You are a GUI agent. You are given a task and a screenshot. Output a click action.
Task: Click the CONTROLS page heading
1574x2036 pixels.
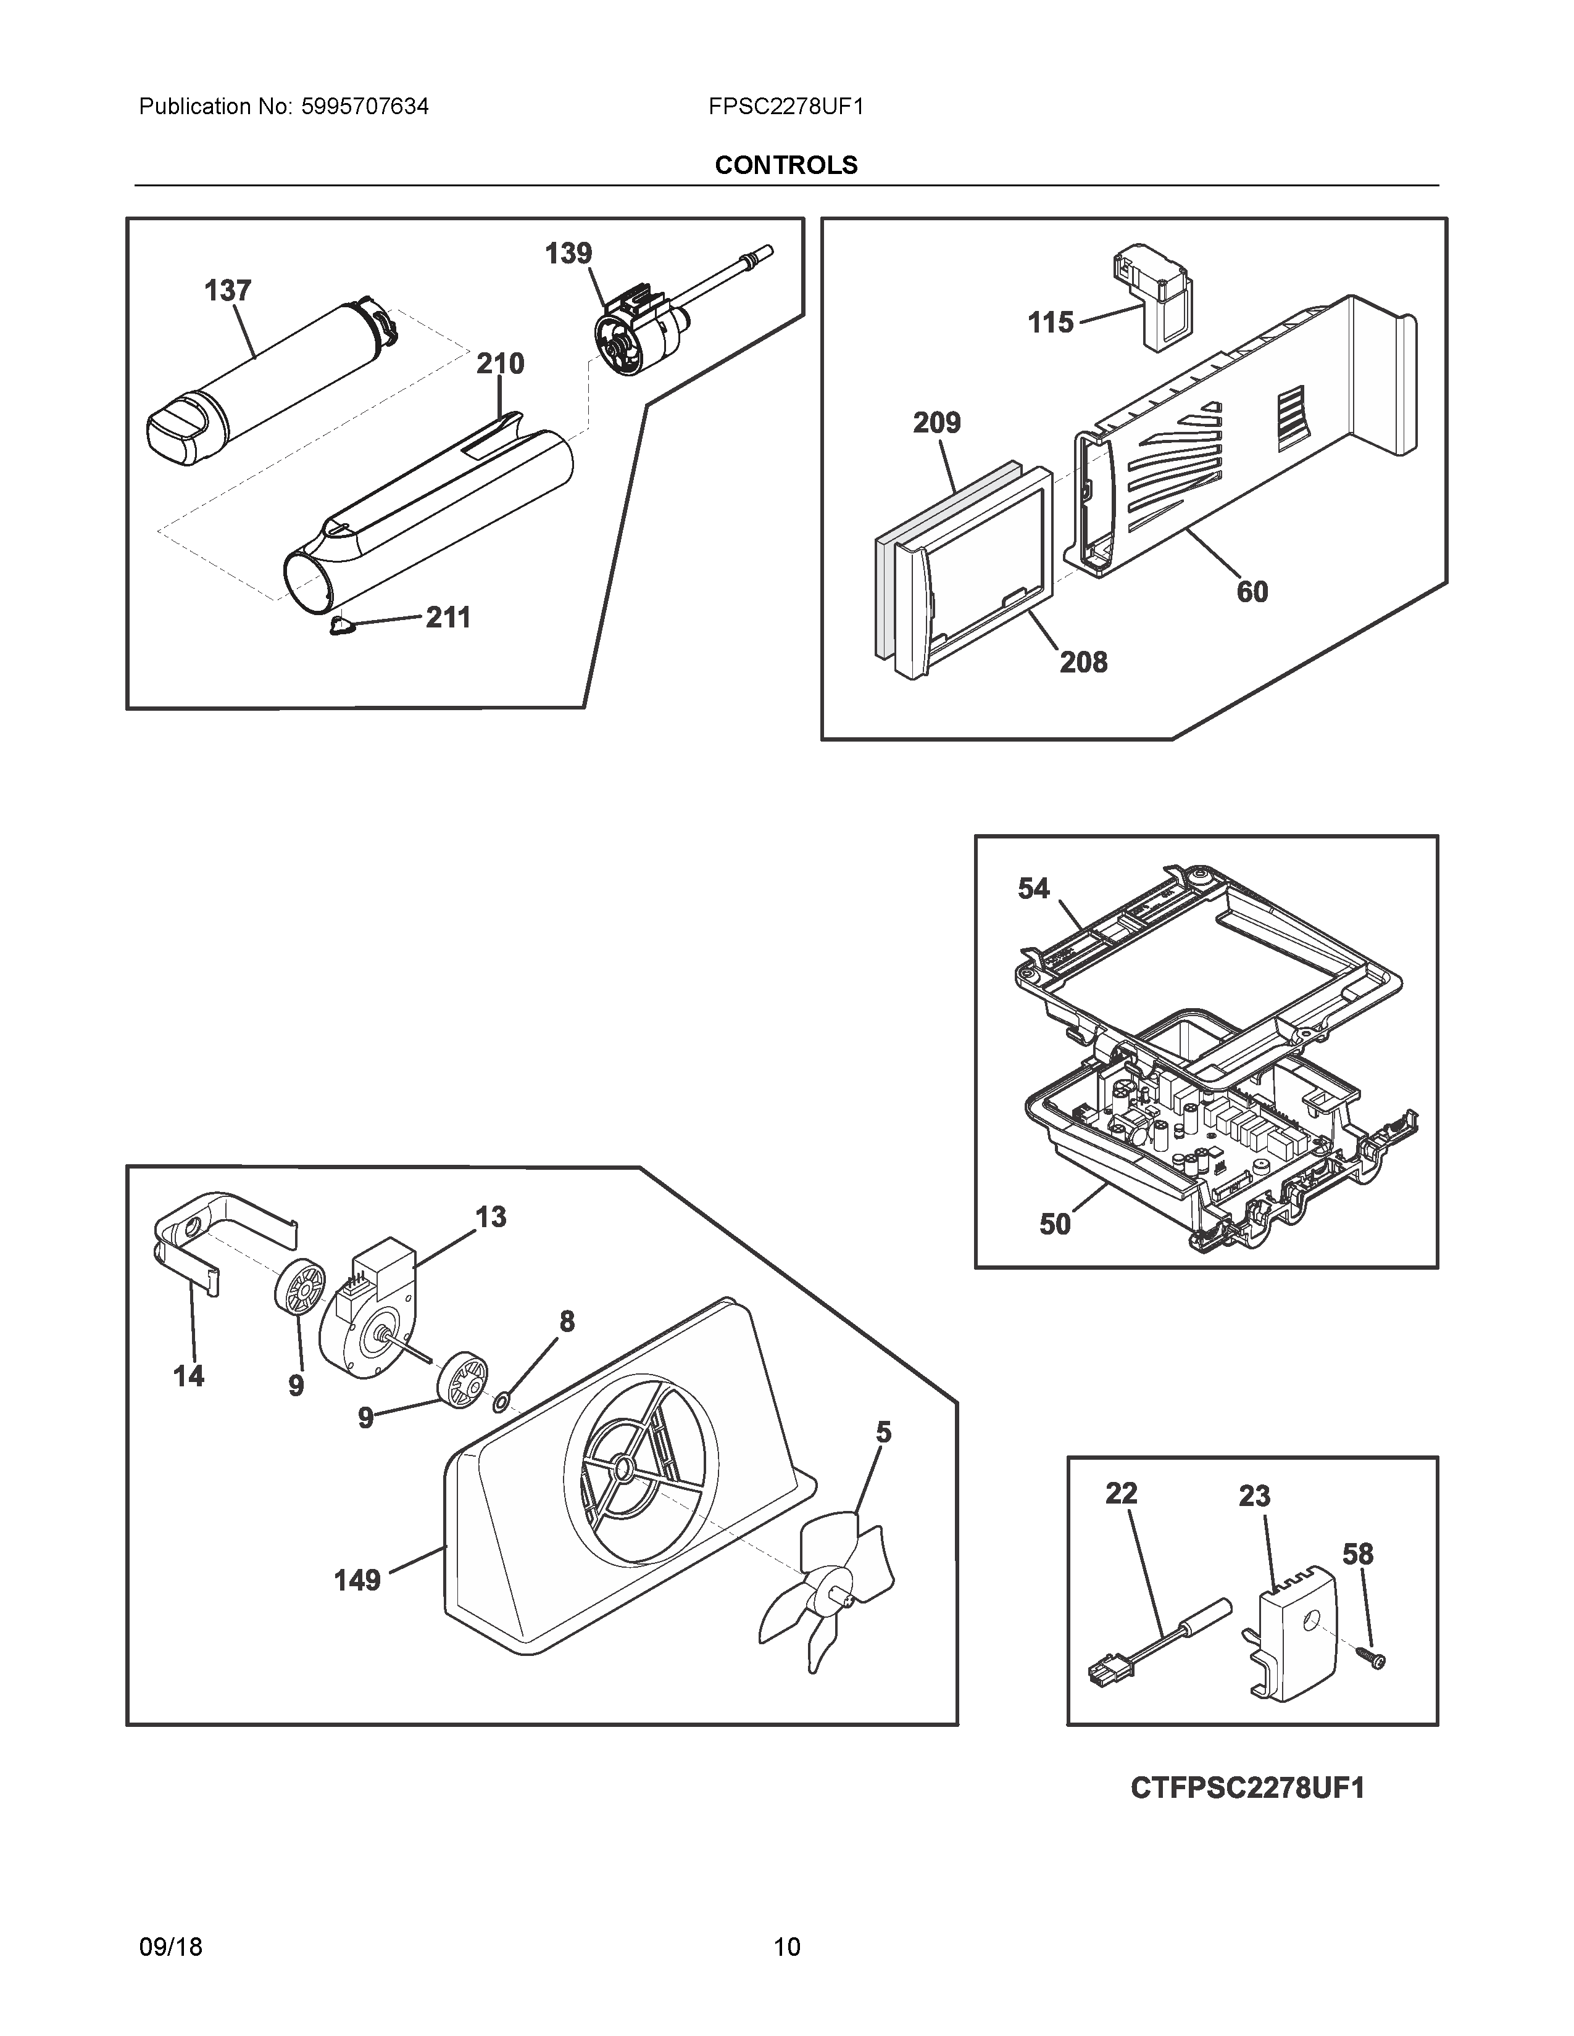(785, 165)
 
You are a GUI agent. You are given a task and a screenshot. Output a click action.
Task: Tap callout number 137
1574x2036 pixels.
(228, 291)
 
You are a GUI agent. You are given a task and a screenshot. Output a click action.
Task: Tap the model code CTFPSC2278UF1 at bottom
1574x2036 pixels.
(1247, 1788)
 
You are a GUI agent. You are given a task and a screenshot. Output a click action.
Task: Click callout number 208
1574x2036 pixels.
(1083, 662)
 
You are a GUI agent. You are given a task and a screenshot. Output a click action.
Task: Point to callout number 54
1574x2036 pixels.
(1033, 888)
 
